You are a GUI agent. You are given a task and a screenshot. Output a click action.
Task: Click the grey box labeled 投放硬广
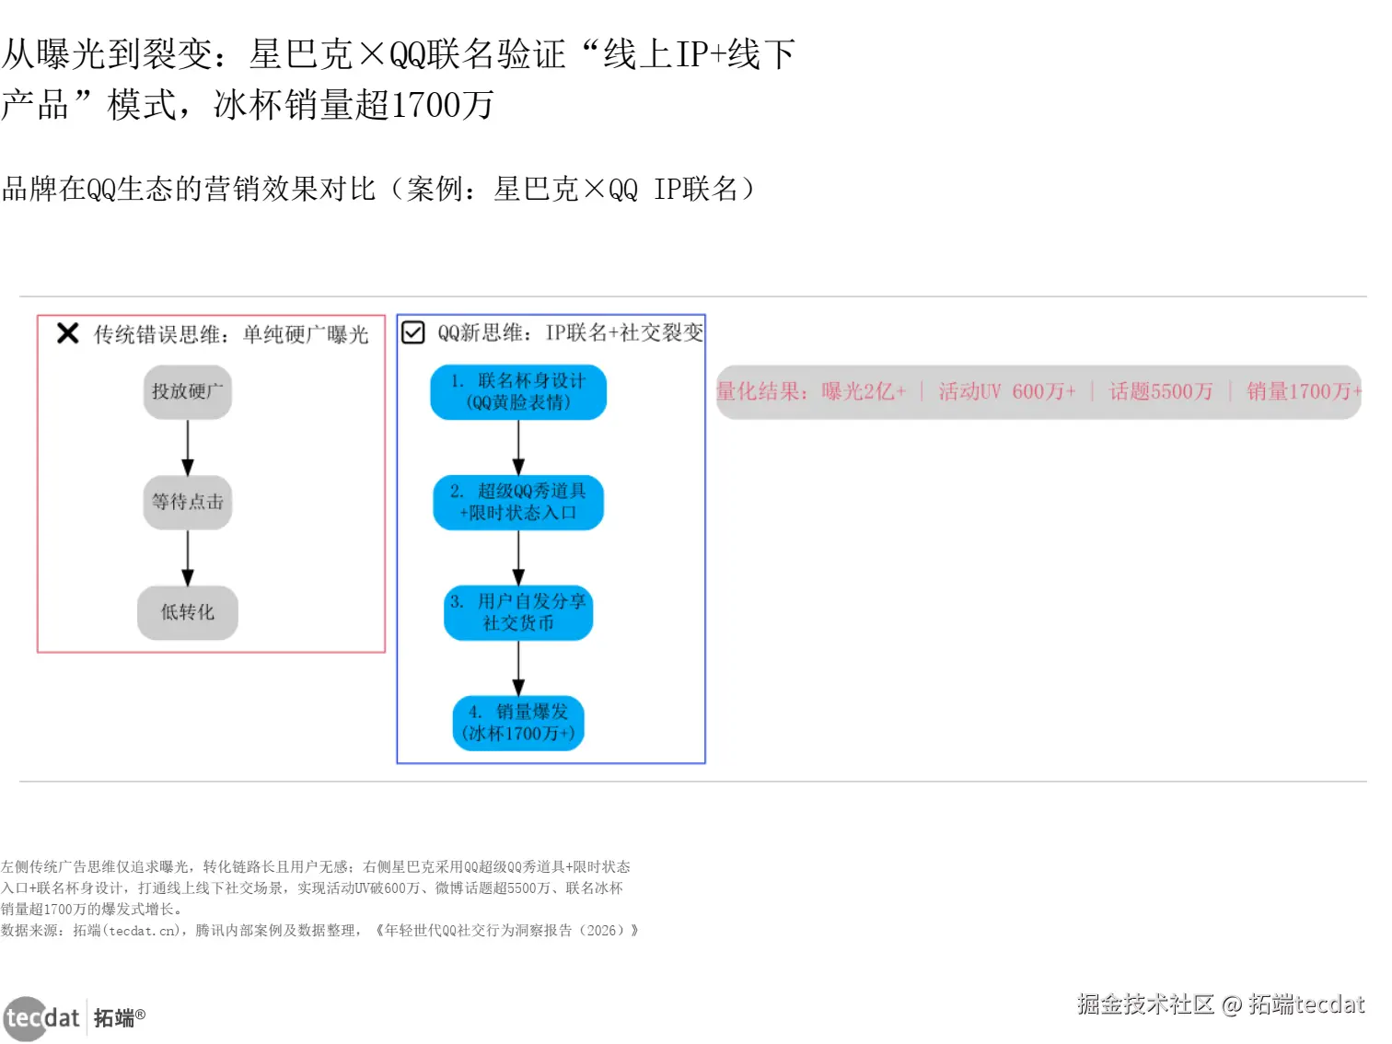pyautogui.click(x=188, y=392)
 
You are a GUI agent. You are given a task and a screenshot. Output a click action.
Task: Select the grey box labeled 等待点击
pyautogui.click(x=188, y=502)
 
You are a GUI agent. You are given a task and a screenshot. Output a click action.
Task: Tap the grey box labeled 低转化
pyautogui.click(x=188, y=612)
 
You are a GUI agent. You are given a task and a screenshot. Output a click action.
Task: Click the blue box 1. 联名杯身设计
pyautogui.click(x=518, y=392)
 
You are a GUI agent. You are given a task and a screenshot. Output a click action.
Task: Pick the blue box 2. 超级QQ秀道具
pyautogui.click(x=518, y=502)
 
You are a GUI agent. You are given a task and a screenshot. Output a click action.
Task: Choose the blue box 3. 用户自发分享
pyautogui.click(x=518, y=612)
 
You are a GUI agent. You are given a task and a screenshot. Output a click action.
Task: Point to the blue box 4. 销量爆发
pyautogui.click(x=518, y=723)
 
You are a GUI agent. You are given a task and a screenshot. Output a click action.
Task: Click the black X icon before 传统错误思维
pyautogui.click(x=67, y=333)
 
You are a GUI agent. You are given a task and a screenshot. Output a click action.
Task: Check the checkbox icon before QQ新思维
pyautogui.click(x=413, y=332)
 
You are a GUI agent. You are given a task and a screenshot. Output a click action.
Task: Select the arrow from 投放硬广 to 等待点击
pyautogui.click(x=188, y=447)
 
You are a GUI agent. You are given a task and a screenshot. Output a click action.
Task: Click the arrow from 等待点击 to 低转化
pyautogui.click(x=188, y=558)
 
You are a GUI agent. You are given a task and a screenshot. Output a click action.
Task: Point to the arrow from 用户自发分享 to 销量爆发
pyautogui.click(x=518, y=667)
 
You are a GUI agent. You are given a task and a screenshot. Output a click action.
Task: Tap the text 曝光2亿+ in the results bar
pyautogui.click(x=864, y=392)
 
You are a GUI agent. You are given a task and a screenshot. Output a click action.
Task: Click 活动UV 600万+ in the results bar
pyautogui.click(x=1007, y=392)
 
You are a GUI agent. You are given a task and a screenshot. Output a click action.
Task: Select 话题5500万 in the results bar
pyautogui.click(x=1161, y=392)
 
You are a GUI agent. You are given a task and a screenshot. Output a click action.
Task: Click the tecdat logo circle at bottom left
pyautogui.click(x=25, y=1018)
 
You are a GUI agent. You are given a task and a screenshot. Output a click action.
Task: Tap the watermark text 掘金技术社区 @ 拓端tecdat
pyautogui.click(x=1221, y=1004)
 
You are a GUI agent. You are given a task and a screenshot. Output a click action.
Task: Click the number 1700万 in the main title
pyautogui.click(x=442, y=105)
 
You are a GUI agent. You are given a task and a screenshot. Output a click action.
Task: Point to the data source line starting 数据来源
pyautogui.click(x=319, y=931)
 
